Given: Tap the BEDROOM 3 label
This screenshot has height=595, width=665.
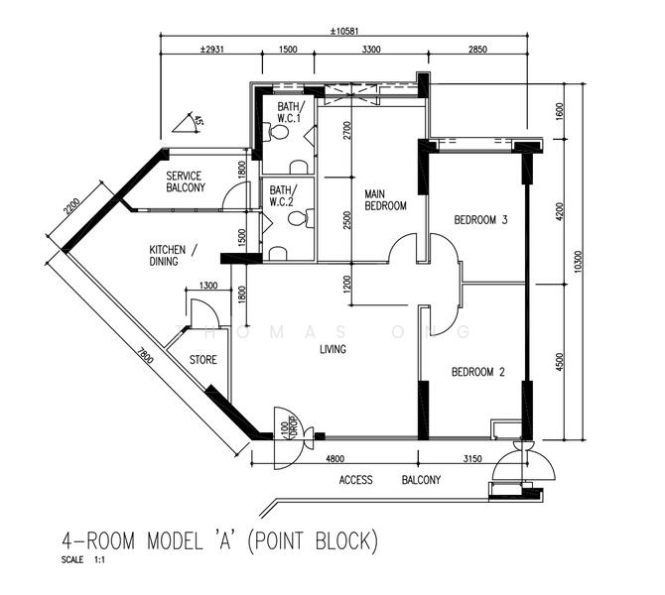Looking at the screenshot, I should point(480,219).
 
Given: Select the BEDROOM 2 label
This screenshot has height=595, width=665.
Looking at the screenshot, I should point(478,373).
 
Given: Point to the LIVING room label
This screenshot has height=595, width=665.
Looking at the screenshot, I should point(332,349).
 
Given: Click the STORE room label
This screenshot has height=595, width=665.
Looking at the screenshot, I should point(202,360).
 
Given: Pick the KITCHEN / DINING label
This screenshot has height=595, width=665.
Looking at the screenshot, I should point(173,255).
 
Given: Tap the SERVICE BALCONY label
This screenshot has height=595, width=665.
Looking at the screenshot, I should point(185,181).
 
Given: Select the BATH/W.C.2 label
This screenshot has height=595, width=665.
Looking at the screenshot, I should point(281,197).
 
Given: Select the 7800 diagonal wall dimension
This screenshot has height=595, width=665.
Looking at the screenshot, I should point(146,357).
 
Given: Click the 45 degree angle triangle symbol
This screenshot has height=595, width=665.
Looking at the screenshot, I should point(187,123).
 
